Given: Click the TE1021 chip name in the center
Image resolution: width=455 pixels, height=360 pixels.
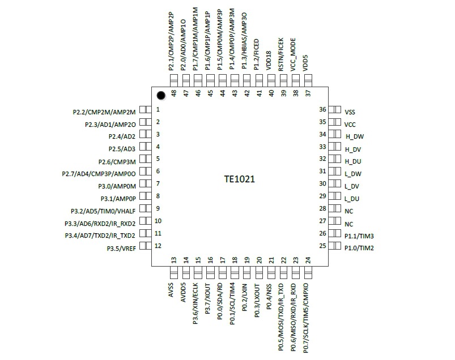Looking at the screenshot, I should (239, 179).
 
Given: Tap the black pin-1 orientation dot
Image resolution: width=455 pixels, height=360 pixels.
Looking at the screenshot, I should (161, 95).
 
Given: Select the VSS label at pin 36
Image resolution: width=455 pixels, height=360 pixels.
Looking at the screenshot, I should (350, 112).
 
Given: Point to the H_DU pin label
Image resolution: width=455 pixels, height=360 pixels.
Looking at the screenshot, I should (352, 161).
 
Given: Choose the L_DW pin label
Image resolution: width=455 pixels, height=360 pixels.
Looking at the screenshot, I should (352, 174).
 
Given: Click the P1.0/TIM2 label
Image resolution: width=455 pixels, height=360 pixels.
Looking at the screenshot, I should (358, 248).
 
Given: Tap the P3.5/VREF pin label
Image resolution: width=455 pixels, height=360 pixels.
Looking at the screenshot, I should (121, 248).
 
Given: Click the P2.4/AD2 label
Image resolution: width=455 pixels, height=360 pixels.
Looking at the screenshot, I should (122, 136).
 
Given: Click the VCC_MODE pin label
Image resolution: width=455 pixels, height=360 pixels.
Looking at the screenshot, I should (294, 55).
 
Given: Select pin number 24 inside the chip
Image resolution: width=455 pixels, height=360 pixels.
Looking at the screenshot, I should (308, 260).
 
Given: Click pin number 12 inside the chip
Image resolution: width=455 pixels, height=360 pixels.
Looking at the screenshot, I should (159, 246).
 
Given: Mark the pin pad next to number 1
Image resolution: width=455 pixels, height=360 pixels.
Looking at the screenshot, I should (144, 110).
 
